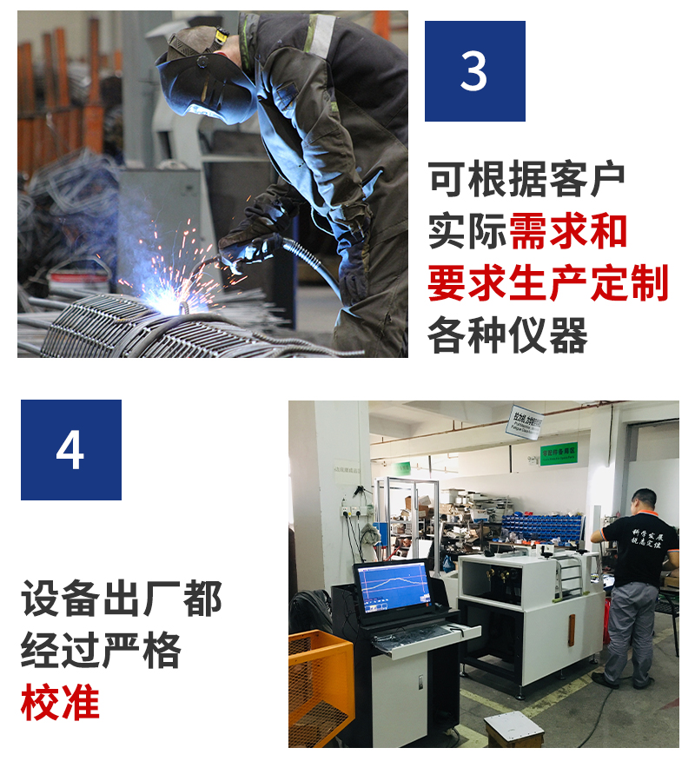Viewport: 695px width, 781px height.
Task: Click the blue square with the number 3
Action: pos(474,71)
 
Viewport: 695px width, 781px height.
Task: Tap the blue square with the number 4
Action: pos(71,449)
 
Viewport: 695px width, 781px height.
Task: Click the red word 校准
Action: pos(60,703)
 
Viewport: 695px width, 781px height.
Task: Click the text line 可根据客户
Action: pos(526,179)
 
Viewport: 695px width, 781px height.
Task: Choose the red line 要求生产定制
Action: pos(548,283)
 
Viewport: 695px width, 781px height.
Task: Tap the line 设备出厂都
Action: pos(122,599)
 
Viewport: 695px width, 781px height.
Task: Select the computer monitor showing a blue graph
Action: pos(393,586)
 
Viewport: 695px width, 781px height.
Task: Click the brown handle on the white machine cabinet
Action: pos(572,629)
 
